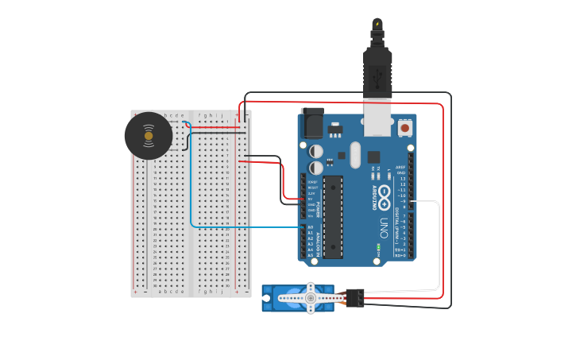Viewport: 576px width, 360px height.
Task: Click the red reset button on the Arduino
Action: (x=405, y=127)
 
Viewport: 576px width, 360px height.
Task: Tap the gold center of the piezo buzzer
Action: (x=149, y=136)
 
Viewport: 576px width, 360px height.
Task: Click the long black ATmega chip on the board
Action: (x=333, y=216)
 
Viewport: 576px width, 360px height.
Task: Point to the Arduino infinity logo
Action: (x=385, y=193)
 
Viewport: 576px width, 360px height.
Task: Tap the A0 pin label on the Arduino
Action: (x=311, y=227)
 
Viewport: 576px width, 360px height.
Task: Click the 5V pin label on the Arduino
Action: (x=311, y=199)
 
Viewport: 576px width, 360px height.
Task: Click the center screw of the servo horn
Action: (x=311, y=298)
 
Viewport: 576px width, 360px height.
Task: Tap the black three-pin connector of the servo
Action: (x=355, y=297)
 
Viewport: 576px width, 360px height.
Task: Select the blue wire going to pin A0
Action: (x=238, y=227)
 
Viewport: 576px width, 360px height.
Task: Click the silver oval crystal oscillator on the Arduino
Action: (x=355, y=155)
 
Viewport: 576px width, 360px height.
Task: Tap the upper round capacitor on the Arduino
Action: (x=316, y=150)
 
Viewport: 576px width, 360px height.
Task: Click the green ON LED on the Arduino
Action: (x=377, y=260)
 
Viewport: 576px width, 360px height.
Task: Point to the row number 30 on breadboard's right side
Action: (x=227, y=285)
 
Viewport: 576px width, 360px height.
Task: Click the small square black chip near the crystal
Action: (x=373, y=157)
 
